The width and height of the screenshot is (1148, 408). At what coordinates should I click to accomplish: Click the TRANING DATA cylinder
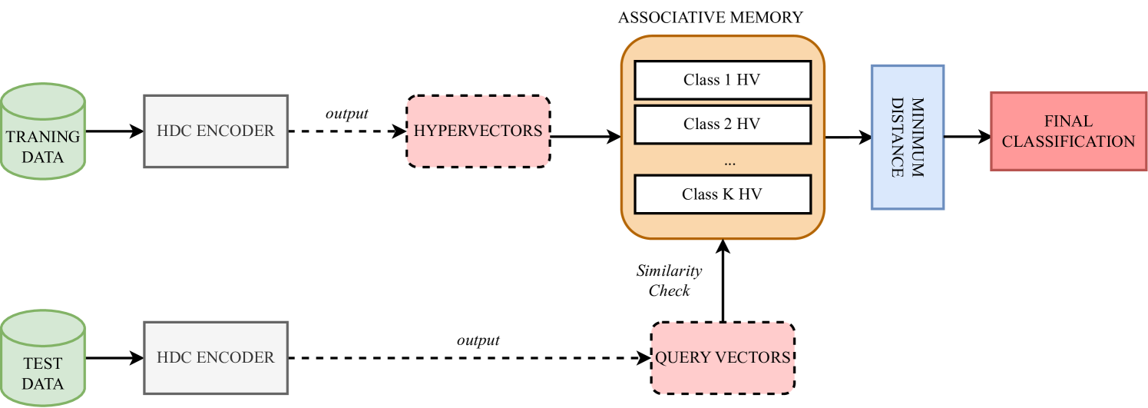pos(43,132)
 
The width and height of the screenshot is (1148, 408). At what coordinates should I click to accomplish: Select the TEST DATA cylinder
pos(43,360)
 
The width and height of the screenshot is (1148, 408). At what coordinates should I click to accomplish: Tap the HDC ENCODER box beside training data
pos(216,131)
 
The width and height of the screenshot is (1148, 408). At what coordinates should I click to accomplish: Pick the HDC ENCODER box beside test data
pos(216,358)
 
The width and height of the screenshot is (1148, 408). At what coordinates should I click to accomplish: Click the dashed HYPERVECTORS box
pos(478,131)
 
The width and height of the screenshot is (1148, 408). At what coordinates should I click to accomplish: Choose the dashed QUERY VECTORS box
pos(723,358)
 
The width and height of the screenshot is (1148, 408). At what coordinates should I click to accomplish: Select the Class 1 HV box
pos(722,80)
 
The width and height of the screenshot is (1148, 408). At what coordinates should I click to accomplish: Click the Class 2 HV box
pos(722,124)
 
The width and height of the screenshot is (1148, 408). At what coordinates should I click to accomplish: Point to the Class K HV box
pos(722,194)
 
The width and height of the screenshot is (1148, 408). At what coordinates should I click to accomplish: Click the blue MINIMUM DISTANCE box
pos(907,137)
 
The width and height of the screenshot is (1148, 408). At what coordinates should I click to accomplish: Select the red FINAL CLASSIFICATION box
pos(1068,131)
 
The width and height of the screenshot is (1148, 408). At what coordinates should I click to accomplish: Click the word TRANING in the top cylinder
pos(43,137)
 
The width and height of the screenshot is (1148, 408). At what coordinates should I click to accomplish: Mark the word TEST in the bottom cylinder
pos(43,363)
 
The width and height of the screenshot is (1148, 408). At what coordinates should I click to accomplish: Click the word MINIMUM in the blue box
pos(917,137)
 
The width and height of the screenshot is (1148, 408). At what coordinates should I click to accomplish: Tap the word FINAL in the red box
pos(1068,121)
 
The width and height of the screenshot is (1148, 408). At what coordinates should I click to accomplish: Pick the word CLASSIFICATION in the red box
pos(1068,141)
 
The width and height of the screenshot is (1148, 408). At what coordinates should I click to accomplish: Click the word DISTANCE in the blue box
pos(897,137)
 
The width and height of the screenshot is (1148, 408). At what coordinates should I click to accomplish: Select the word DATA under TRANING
pos(43,158)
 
